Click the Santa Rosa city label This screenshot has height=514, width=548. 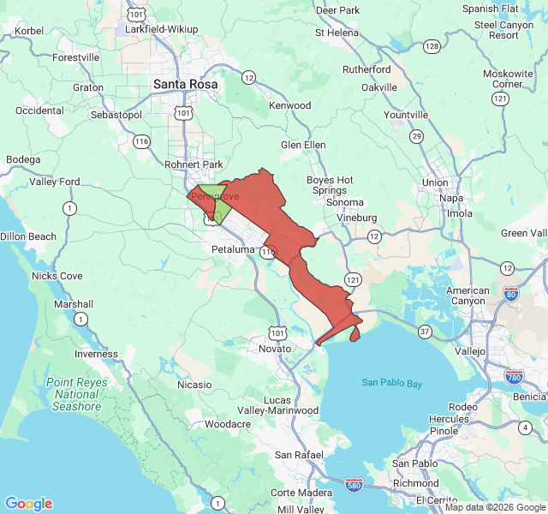pyautogui.click(x=185, y=85)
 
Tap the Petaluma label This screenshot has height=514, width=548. pyautogui.click(x=233, y=249)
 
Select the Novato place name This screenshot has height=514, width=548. pyautogui.click(x=274, y=349)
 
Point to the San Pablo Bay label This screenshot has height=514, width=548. pyautogui.click(x=391, y=383)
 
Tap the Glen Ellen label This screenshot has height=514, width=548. pyautogui.click(x=303, y=145)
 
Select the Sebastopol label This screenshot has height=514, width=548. pyautogui.click(x=115, y=115)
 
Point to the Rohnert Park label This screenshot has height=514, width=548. pyautogui.click(x=193, y=164)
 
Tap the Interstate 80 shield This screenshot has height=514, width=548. pyautogui.click(x=511, y=295)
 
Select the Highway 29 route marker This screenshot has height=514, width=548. pyautogui.click(x=416, y=136)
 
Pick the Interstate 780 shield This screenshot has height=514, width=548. pyautogui.click(x=515, y=376)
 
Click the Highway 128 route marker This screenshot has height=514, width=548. pyautogui.click(x=432, y=45)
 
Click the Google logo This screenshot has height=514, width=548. pyautogui.click(x=29, y=503)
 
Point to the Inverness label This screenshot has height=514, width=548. pyautogui.click(x=96, y=354)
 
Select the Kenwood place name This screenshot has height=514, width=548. pyautogui.click(x=289, y=105)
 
